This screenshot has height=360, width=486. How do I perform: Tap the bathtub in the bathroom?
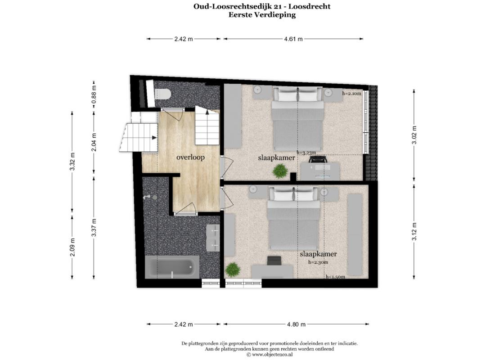coord(172,267)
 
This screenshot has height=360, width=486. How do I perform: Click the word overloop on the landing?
coord(191,157)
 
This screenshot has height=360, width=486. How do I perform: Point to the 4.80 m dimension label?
coord(296,324)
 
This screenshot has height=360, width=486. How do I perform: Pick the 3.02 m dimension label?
coord(414,135)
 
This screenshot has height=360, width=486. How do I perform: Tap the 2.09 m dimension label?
coord(72,247)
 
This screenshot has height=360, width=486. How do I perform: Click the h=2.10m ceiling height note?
coord(351,93)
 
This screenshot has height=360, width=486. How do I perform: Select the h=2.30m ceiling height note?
coord(318,262)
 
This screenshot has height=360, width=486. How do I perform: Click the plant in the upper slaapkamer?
coord(280,171)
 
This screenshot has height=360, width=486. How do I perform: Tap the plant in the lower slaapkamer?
coord(233,270)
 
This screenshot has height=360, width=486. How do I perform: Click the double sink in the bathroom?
coord(213,238)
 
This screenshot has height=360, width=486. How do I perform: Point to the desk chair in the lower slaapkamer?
coord(274,261)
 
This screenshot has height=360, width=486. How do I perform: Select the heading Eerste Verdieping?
coord(262,14)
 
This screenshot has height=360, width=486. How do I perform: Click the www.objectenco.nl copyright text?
coord(270,355)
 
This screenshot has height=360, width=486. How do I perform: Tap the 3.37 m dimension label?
coord(94,228)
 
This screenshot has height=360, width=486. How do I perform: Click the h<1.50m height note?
coord(335,277)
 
